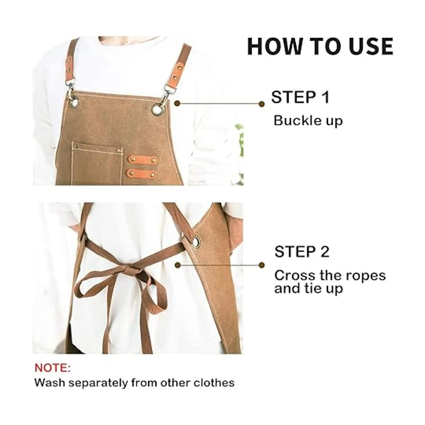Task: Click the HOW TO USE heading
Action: pos(320,46)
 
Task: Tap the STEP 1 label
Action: pos(300,97)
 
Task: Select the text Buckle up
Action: pos(308,120)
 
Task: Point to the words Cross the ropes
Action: pos(330,275)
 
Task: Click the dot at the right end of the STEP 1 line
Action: pos(262,104)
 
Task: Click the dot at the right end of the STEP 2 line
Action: pos(262,265)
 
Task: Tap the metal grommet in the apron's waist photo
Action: pos(196,241)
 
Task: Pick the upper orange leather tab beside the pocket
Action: pos(143,159)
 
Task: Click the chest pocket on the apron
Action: pos(97,163)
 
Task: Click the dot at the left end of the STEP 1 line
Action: pos(178,103)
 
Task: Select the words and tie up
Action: pos(308,289)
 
